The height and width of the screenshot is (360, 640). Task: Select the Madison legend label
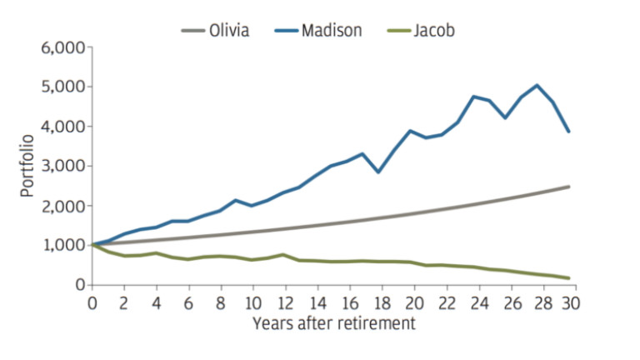332,31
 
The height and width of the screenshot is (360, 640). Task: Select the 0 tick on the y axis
81,285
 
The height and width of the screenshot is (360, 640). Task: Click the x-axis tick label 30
571,303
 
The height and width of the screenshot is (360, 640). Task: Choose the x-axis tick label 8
221,303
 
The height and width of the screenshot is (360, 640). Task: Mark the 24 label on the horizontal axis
475,303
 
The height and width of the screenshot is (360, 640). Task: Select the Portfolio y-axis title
28,166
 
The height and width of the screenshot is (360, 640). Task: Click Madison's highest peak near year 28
537,85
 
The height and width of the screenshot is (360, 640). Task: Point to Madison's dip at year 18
379,172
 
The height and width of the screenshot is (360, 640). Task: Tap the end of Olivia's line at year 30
569,187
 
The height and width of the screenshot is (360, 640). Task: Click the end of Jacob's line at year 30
569,278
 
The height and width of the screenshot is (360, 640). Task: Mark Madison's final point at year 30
569,132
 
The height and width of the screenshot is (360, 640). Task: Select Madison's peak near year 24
474,97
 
